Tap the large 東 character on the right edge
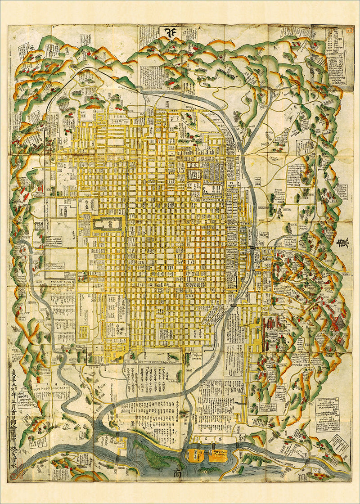click(x=342, y=246)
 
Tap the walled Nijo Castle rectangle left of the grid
click(x=108, y=224)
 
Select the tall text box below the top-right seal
click(x=336, y=56)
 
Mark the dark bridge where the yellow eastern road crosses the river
click(x=253, y=248)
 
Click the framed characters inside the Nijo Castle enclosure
click(x=108, y=224)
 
